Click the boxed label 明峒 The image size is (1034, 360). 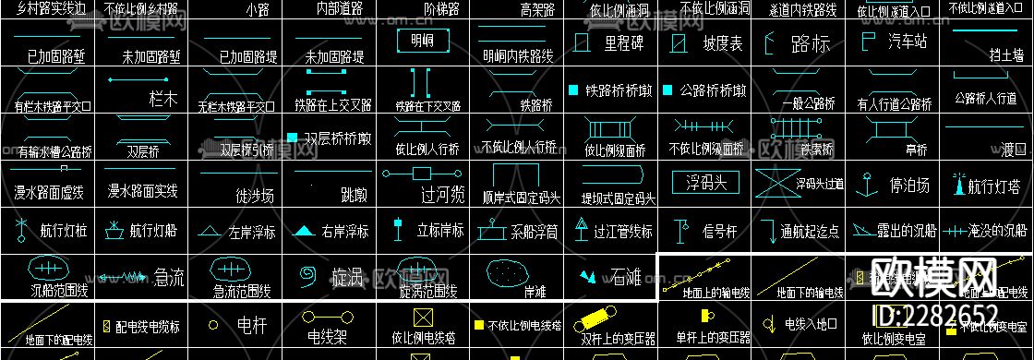tap(422, 42)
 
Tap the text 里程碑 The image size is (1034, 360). tap(624, 42)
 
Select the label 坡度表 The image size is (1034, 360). tap(722, 43)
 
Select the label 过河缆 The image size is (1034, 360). tap(441, 195)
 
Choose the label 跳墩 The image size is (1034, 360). tap(354, 195)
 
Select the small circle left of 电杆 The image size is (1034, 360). tap(213, 325)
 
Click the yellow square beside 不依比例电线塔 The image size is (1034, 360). tap(478, 325)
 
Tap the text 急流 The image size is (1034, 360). tap(168, 274)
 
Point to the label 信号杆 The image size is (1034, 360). tap(721, 230)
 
